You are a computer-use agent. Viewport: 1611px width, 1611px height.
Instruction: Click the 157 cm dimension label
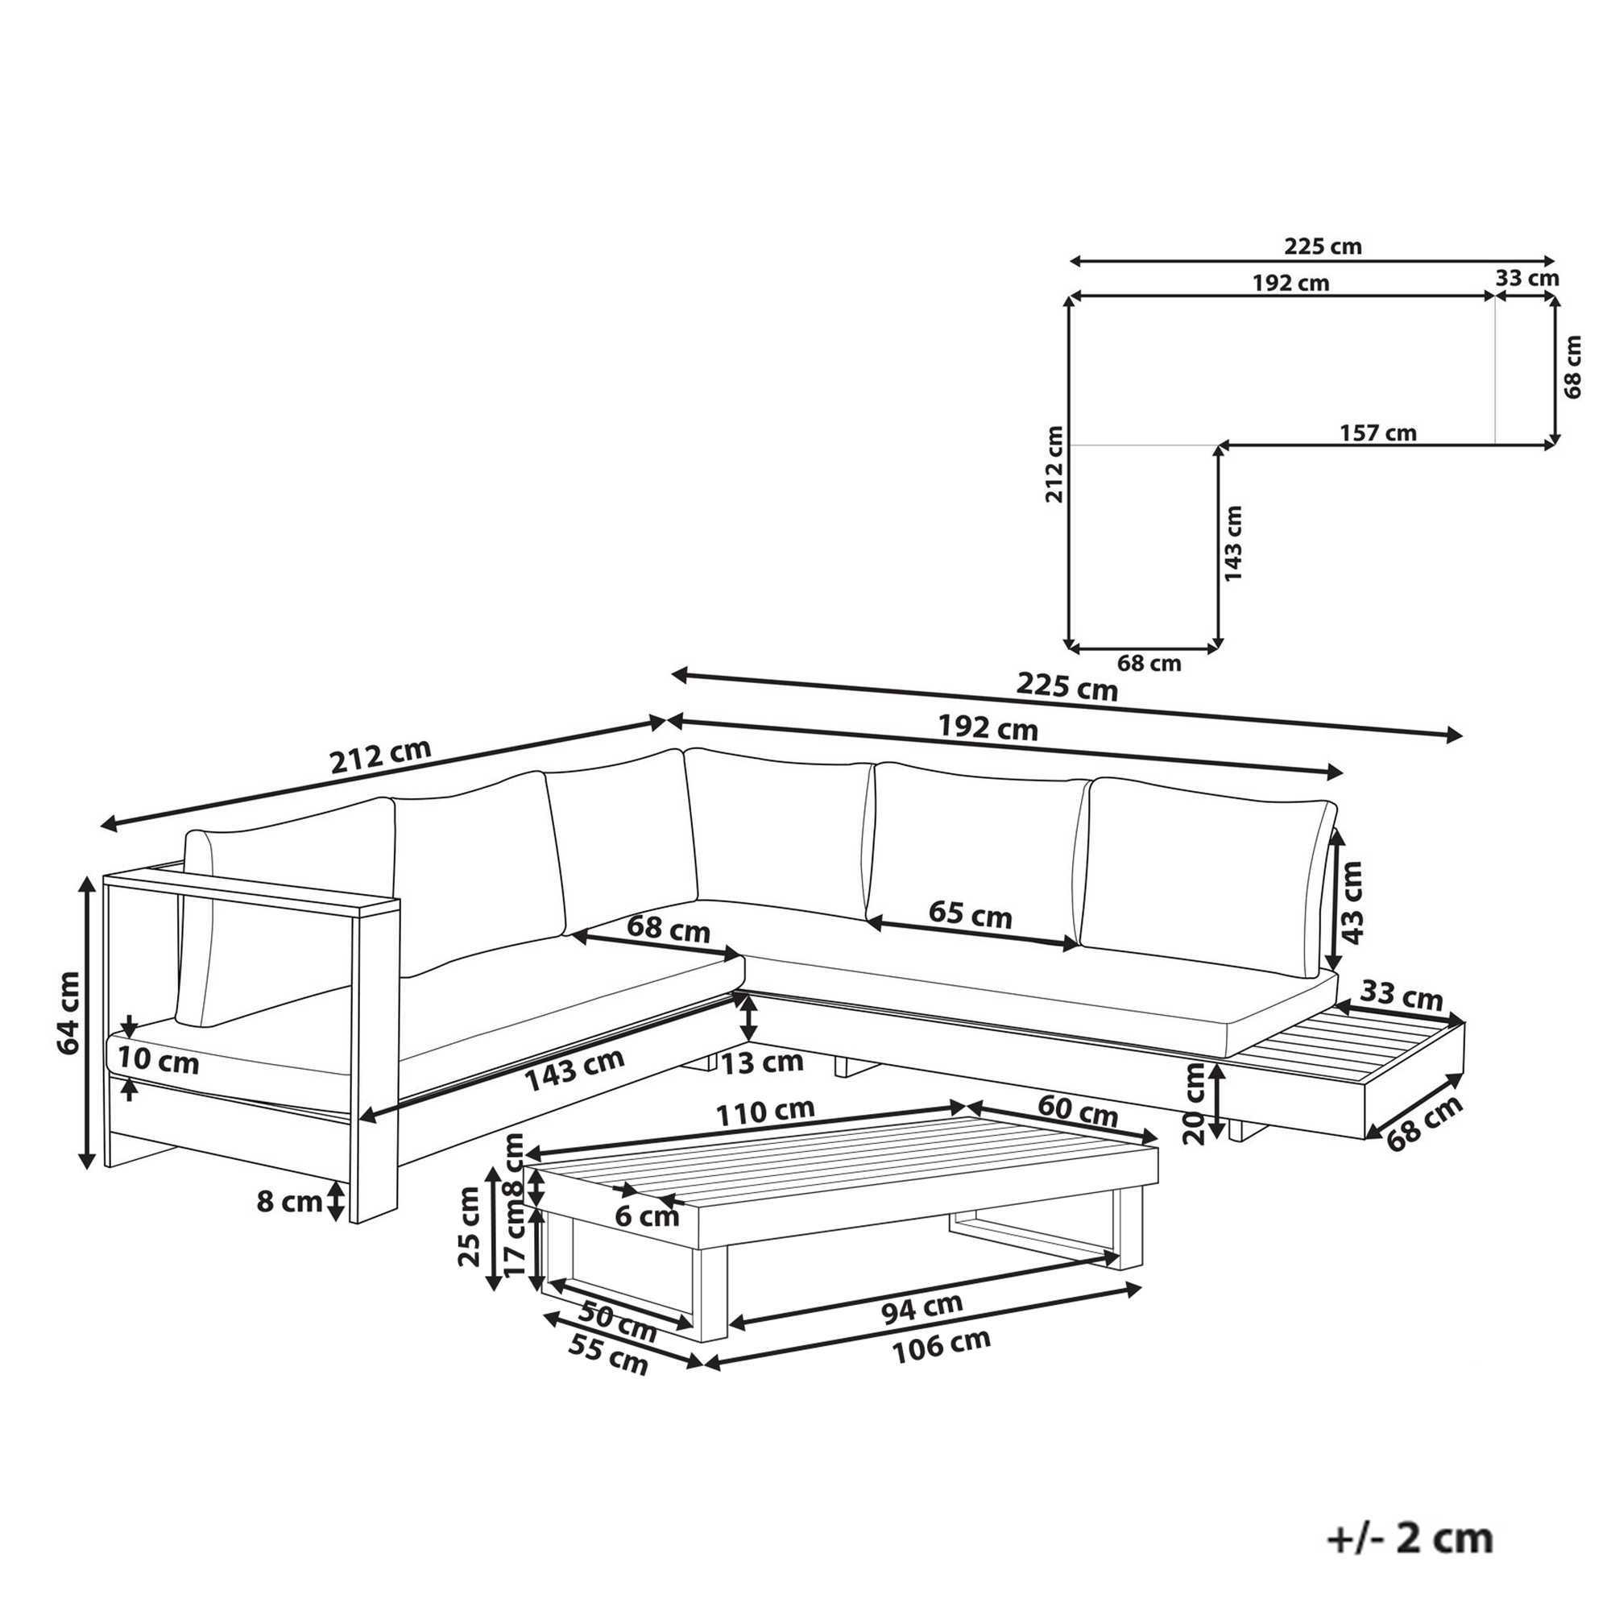pos(1377,433)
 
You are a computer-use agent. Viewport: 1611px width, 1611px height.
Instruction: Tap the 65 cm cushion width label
pos(970,915)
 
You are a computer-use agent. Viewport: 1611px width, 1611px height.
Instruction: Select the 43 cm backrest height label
pos(1352,902)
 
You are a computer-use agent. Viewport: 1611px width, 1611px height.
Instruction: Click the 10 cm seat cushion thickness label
pos(158,1061)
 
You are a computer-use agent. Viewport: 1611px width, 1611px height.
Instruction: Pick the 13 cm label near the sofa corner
pos(762,1062)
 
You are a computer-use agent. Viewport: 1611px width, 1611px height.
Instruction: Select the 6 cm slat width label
pos(647,1216)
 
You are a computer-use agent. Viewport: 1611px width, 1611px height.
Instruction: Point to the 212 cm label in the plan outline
pos(1055,465)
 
